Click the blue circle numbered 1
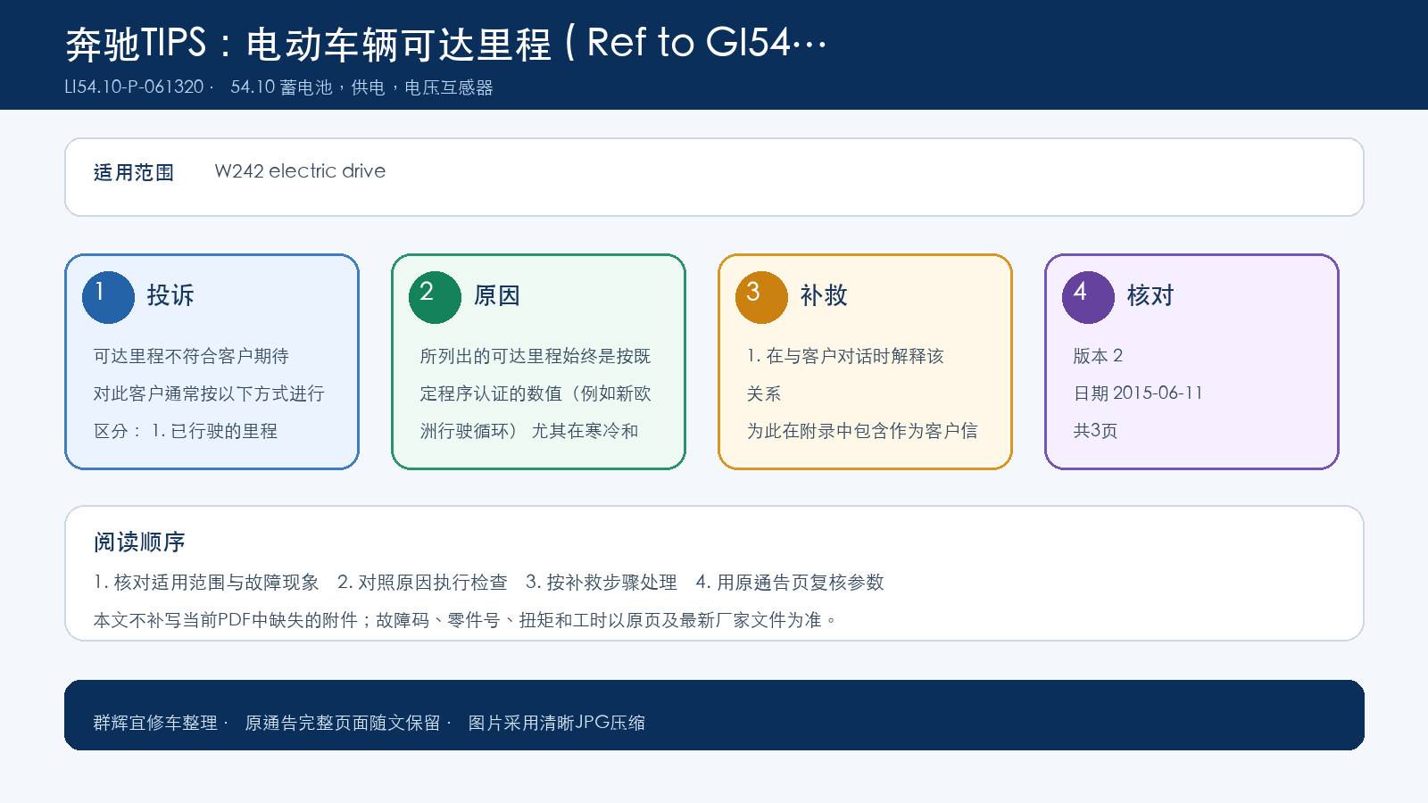(108, 298)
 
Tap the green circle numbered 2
(435, 298)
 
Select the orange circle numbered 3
(761, 298)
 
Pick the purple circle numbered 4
(1088, 298)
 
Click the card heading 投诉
(170, 295)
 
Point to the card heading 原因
(496, 295)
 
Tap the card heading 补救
(824, 295)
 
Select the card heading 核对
(1150, 295)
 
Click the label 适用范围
(133, 172)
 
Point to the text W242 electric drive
(300, 170)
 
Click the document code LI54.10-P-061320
(134, 87)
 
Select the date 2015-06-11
(1157, 393)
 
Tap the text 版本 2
(1098, 356)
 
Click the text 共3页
(1095, 430)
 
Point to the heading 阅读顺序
(139, 542)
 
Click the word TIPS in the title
(173, 43)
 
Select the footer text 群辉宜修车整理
(155, 722)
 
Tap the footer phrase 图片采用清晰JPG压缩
(557, 722)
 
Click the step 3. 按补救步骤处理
(602, 582)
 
